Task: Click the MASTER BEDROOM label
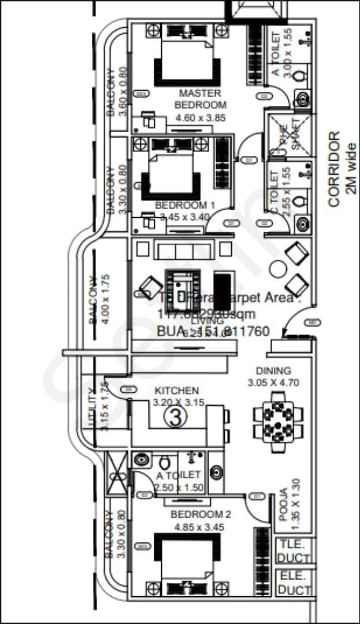click(200, 99)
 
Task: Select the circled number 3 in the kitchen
click(175, 416)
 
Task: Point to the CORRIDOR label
click(333, 169)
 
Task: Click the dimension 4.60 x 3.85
click(200, 118)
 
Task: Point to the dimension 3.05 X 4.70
click(273, 382)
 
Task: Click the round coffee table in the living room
click(278, 269)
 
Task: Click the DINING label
click(274, 371)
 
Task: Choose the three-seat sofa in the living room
click(184, 250)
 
